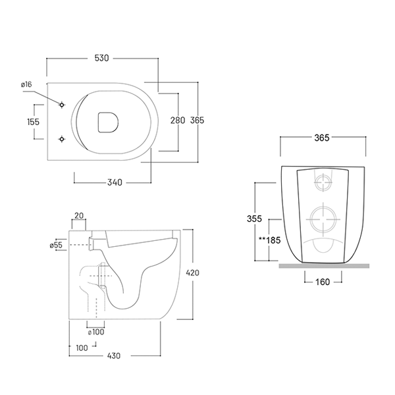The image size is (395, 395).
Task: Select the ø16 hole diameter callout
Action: (26, 84)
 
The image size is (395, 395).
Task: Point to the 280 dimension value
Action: (177, 120)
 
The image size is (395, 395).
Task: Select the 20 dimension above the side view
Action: (79, 215)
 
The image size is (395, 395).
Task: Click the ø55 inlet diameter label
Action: (55, 245)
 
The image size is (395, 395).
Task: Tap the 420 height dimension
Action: (192, 273)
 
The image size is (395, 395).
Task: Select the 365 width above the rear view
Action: (322, 138)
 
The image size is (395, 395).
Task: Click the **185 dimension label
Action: (270, 240)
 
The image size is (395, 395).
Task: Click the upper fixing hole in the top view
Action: (62, 105)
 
